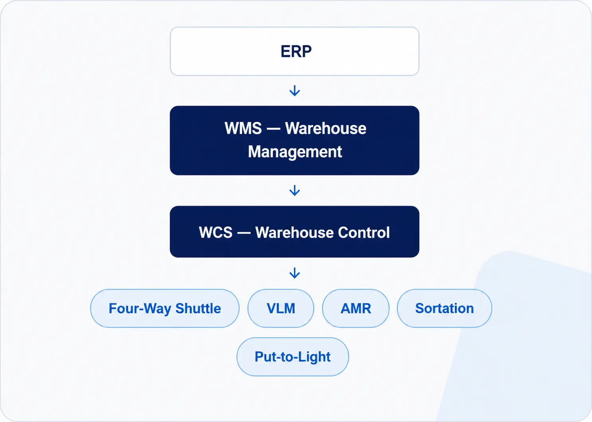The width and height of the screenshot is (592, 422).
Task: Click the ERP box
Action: [295, 51]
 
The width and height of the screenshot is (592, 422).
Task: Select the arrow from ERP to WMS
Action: [295, 90]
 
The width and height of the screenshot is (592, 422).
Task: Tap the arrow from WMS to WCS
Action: [295, 190]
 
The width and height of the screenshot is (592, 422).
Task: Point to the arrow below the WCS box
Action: [295, 273]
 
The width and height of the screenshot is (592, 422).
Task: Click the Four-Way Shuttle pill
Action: [165, 308]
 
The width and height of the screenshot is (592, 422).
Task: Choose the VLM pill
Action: [281, 308]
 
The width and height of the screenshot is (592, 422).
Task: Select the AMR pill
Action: [356, 308]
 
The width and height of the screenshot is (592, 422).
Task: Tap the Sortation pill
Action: [444, 308]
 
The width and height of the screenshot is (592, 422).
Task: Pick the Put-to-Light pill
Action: [293, 357]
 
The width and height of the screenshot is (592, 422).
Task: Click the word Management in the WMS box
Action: [295, 152]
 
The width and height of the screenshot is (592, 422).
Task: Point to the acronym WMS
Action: [243, 128]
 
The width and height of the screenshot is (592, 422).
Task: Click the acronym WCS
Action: [216, 233]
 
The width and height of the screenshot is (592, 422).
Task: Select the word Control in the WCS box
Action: [364, 233]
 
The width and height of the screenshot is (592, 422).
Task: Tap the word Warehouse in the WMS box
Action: [326, 128]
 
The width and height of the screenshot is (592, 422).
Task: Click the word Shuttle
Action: [198, 308]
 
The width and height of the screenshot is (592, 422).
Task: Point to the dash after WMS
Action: [273, 129]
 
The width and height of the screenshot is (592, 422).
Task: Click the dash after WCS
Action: [244, 233]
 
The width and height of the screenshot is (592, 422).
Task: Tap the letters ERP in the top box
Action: [296, 51]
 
